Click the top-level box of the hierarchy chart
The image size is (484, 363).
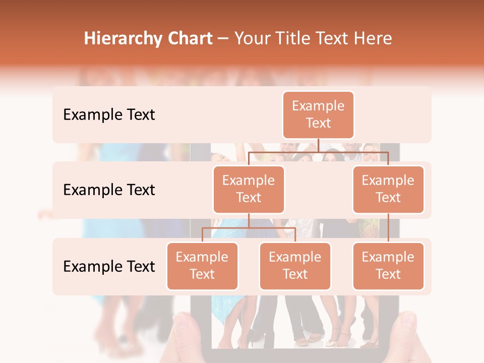pos(318,114)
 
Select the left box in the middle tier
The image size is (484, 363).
pos(249,189)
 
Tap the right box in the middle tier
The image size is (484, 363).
pos(388,189)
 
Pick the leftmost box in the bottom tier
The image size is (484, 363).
pos(202,266)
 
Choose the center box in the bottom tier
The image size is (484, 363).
pos(295,266)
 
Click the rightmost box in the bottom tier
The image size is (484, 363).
pos(388,266)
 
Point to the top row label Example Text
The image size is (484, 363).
pos(109,115)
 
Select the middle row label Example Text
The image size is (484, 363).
pos(109,190)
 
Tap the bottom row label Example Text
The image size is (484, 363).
pos(109,266)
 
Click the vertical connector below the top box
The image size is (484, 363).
pos(318,145)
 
